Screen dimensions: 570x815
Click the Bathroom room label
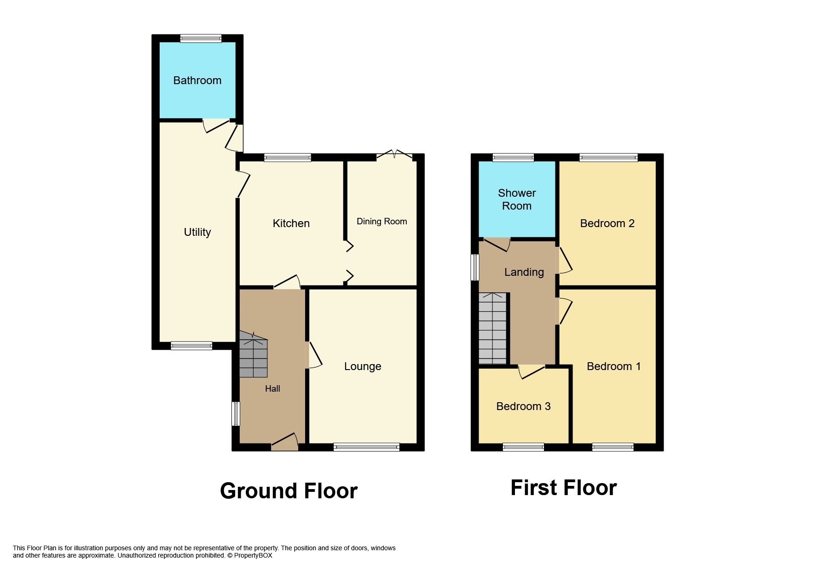tap(197, 80)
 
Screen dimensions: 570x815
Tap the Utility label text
tap(197, 232)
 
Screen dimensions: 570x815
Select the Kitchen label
tap(291, 223)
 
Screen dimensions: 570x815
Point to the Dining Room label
tap(381, 221)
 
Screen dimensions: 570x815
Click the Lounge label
tap(363, 366)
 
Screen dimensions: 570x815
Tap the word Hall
tap(272, 388)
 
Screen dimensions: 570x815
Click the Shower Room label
tap(516, 199)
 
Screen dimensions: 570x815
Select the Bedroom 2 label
tap(607, 223)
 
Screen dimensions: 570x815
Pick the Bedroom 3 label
tap(523, 406)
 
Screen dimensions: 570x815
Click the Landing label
tap(524, 272)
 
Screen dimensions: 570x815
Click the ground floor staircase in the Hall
tap(253, 355)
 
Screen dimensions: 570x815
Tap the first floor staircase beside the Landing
tap(492, 328)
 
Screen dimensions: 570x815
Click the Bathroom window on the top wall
tap(201, 39)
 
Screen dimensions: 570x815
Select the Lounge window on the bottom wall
tap(366, 447)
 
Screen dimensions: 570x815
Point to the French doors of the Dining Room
tap(394, 155)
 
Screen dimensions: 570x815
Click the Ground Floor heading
tap(289, 491)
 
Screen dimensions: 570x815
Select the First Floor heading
tap(563, 488)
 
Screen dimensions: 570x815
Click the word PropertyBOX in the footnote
tap(253, 555)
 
